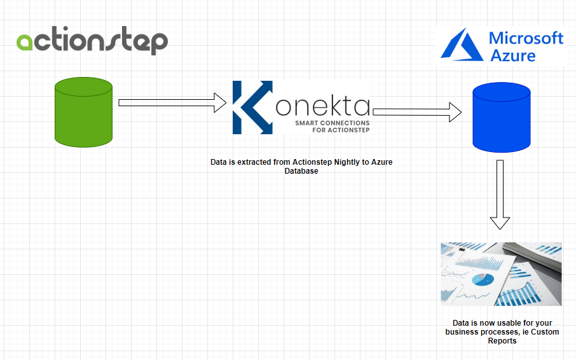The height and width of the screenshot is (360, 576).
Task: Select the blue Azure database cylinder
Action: tap(502, 118)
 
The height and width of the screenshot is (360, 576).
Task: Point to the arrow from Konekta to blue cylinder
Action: tap(416, 112)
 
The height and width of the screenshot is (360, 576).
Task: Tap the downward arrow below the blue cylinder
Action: tap(500, 195)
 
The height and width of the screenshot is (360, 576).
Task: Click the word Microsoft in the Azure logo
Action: tap(526, 38)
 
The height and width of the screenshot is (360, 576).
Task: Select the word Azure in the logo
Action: tap(513, 55)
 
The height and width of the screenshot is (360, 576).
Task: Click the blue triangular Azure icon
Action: tap(462, 46)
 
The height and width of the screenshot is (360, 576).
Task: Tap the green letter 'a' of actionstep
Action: tap(25, 42)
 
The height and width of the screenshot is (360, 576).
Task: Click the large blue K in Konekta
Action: tap(252, 107)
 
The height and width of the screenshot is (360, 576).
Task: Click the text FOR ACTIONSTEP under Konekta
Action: tap(341, 129)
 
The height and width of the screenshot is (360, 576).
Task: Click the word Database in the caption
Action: tap(301, 171)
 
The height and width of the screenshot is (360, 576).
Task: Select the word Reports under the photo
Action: tap(502, 341)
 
